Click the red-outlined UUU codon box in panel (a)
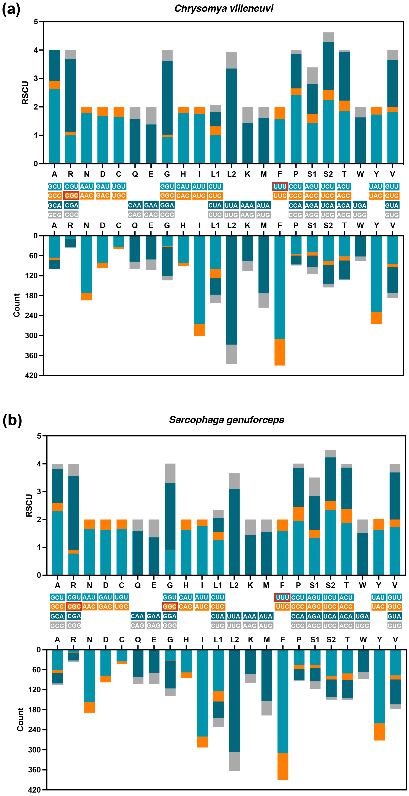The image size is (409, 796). pos(280,186)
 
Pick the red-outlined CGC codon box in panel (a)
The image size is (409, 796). pos(71,196)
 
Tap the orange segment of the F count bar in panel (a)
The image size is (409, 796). pos(280,352)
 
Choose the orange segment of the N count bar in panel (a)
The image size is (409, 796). pos(87,297)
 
